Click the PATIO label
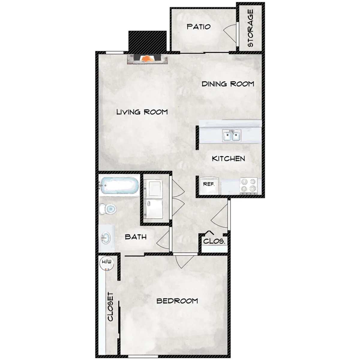[x=199, y=27]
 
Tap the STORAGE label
[x=250, y=28]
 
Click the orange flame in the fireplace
[x=148, y=59]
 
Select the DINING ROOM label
[x=228, y=84]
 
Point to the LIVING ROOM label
[x=142, y=112]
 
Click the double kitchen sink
[x=232, y=135]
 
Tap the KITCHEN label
[x=229, y=159]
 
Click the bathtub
[x=119, y=185]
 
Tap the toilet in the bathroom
[x=108, y=209]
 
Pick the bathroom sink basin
[x=106, y=238]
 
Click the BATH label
[x=136, y=237]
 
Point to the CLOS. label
[x=214, y=241]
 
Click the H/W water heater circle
[x=107, y=263]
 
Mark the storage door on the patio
[x=230, y=34]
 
